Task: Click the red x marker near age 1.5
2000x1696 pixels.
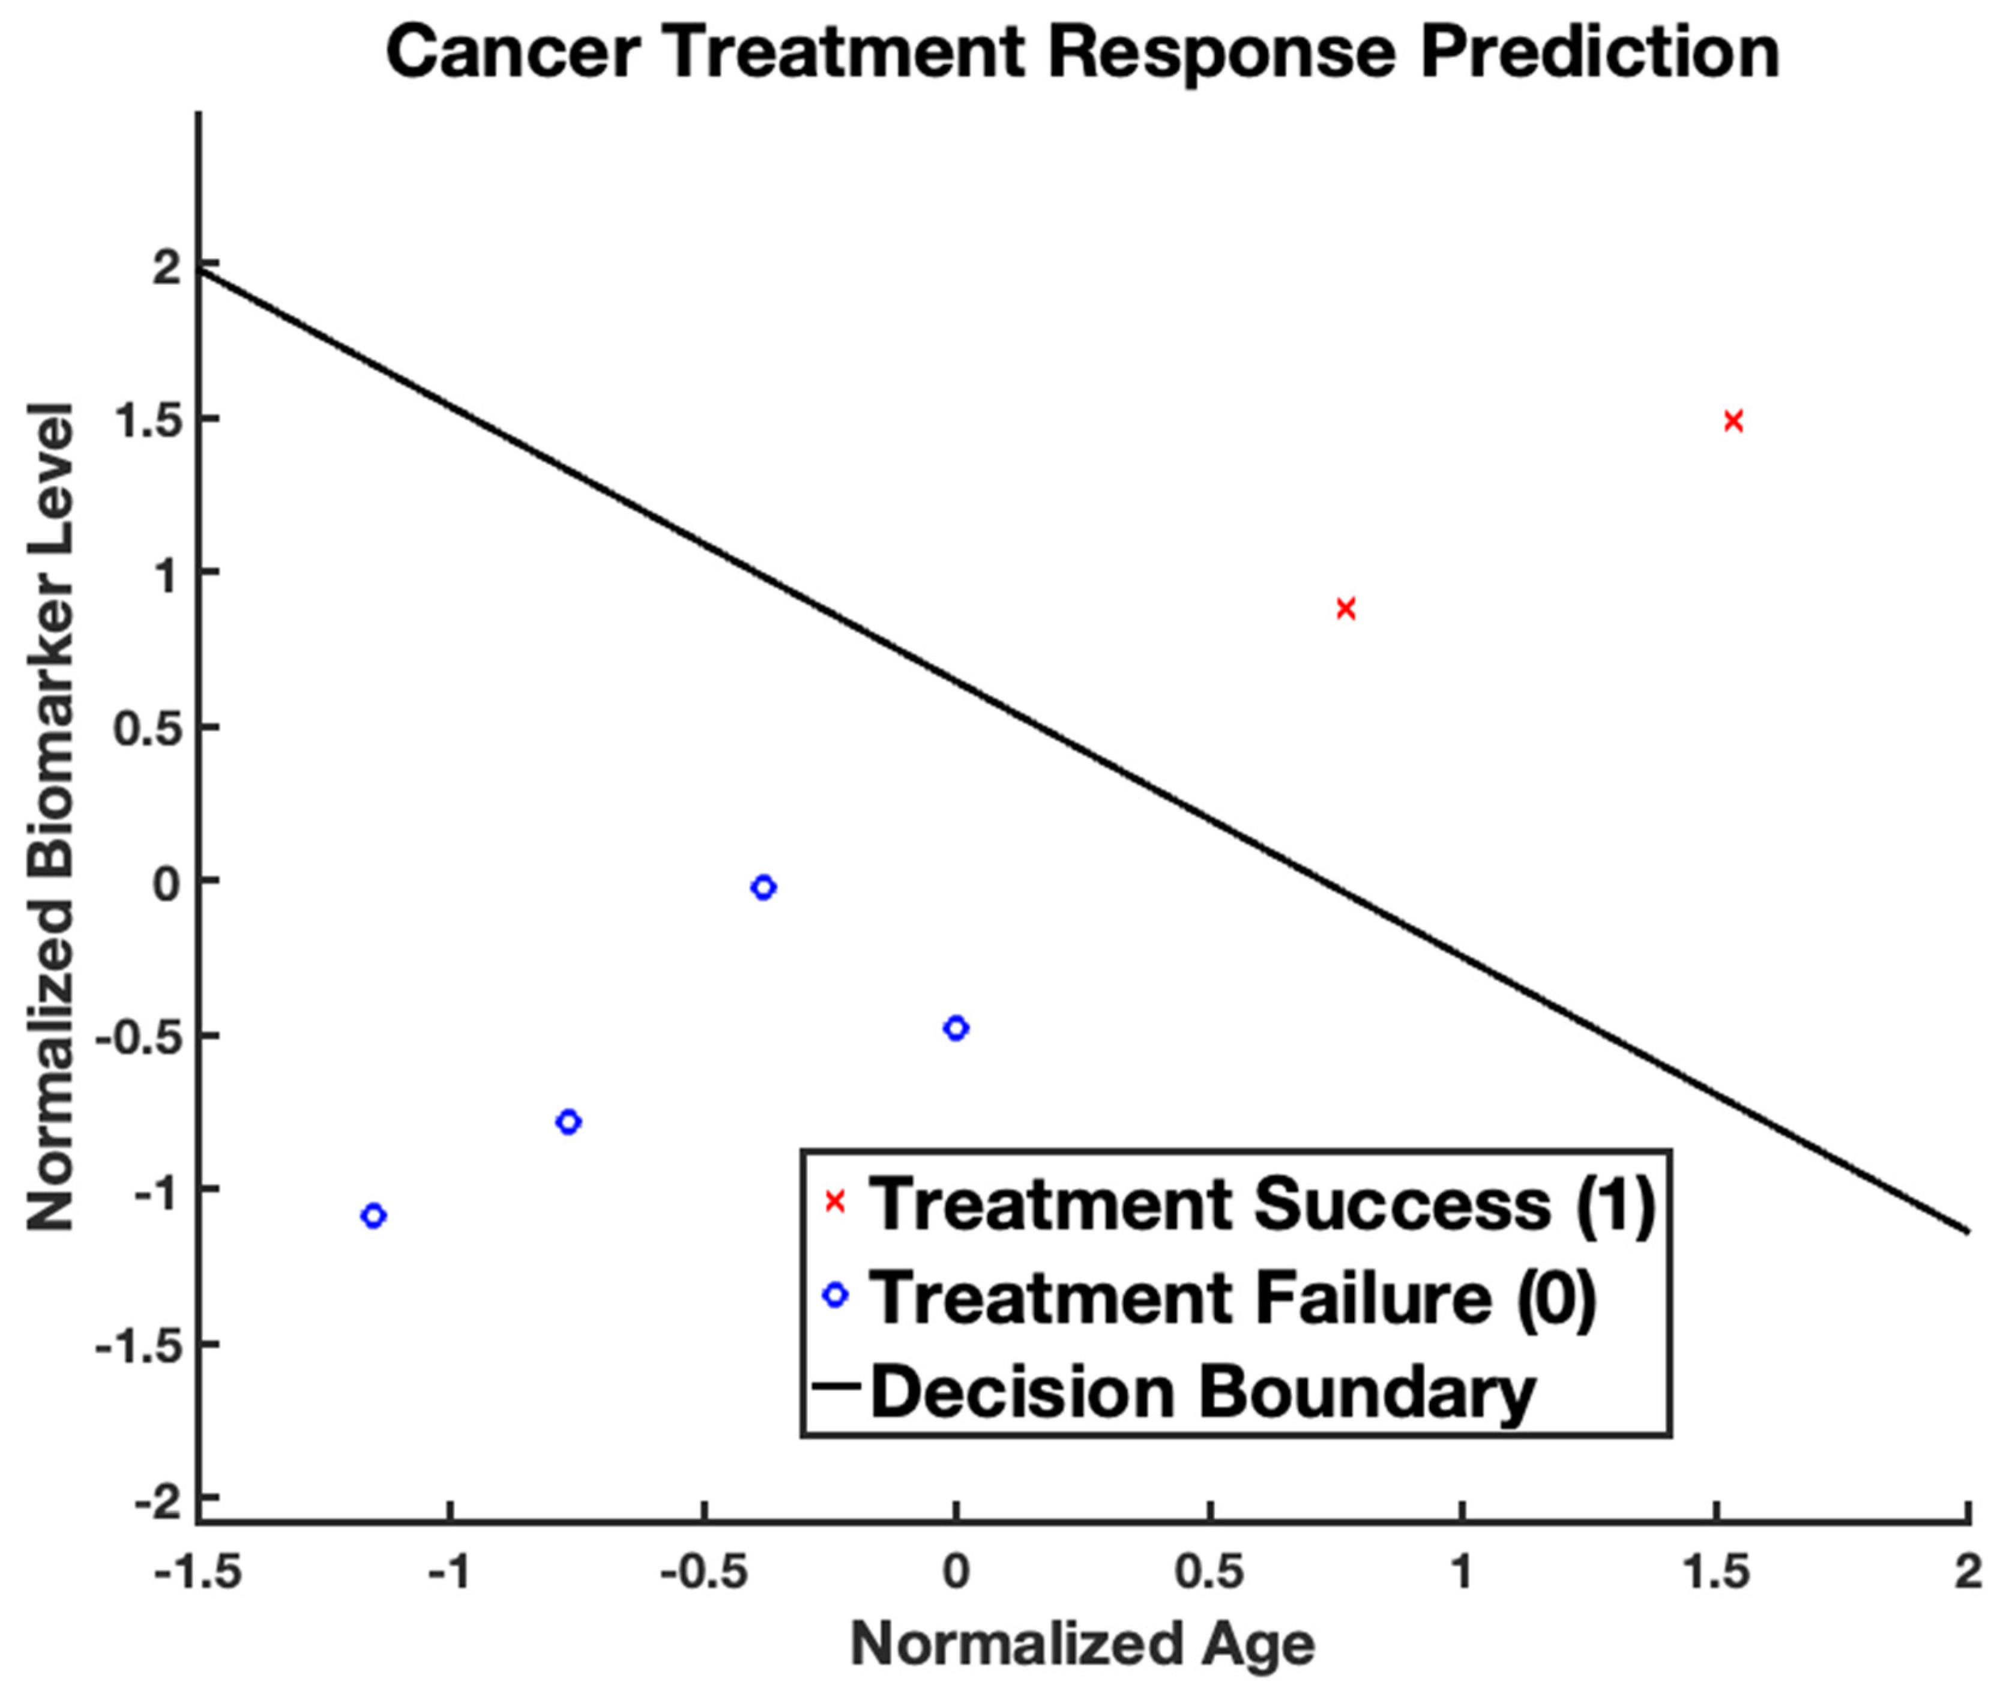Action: (x=1733, y=421)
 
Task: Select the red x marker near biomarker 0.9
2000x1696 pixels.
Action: (x=1346, y=609)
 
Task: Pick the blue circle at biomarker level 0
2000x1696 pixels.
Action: (x=763, y=887)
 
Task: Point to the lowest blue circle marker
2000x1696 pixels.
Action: (x=374, y=1216)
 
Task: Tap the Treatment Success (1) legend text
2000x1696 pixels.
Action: (x=1262, y=1204)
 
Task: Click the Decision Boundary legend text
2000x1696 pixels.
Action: (x=1202, y=1391)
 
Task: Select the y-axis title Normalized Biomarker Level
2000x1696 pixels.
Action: (x=50, y=816)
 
